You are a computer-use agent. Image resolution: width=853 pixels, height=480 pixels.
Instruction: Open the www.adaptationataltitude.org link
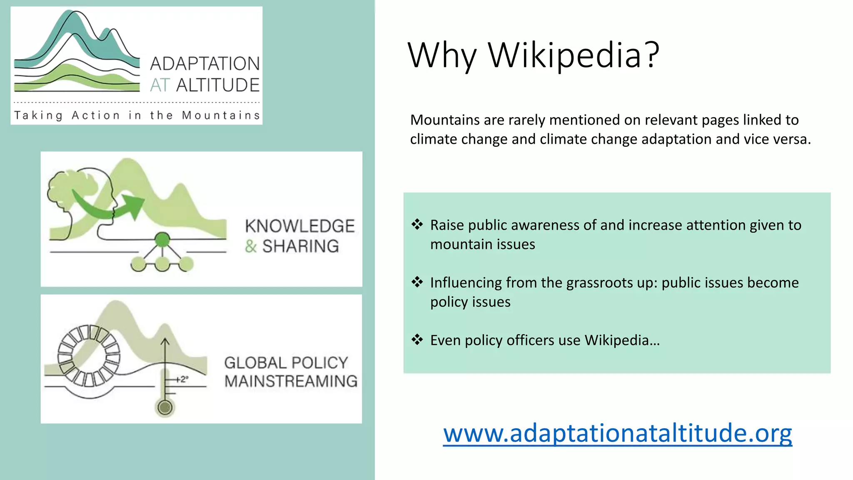coord(617,433)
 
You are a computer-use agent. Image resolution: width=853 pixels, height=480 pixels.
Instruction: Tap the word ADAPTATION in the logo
coord(205,64)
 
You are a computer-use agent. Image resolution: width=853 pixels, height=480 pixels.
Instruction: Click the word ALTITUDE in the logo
coord(218,85)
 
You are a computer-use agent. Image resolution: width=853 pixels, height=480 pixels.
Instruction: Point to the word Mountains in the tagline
coord(221,115)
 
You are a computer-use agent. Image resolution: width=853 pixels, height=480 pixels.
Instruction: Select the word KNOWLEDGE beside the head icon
coord(299,226)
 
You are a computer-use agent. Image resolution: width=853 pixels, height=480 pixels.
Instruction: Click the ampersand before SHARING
coord(251,246)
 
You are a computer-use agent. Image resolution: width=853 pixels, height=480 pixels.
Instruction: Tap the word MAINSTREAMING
coord(291,381)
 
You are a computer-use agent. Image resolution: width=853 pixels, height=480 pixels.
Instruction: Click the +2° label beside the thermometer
coord(182,379)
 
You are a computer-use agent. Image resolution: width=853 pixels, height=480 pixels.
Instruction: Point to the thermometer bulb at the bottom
coord(165,407)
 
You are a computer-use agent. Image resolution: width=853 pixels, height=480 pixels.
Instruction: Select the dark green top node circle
coord(162,240)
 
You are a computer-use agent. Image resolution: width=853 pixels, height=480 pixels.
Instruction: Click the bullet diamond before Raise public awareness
coord(417,224)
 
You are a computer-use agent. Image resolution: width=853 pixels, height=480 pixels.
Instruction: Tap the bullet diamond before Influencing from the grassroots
coord(417,282)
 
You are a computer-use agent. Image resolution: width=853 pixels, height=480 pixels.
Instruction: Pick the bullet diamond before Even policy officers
coord(417,340)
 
